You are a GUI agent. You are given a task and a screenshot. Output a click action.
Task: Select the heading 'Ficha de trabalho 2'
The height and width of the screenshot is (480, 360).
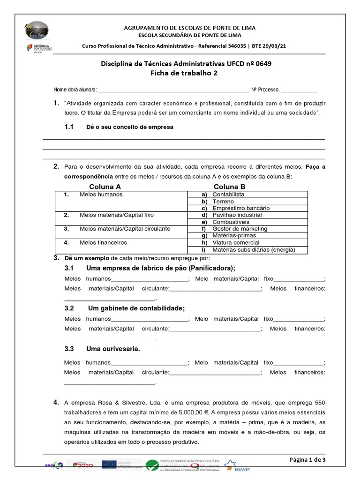(184, 73)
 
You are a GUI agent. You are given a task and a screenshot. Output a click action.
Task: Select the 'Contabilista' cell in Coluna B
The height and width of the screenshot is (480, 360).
(228, 194)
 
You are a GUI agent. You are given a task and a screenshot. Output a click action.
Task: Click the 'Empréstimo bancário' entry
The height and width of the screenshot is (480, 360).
(241, 208)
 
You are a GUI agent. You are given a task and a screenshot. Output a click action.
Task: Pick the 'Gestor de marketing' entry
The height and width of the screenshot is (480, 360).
(240, 228)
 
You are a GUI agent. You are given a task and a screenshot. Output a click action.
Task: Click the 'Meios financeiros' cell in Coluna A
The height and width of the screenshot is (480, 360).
(103, 242)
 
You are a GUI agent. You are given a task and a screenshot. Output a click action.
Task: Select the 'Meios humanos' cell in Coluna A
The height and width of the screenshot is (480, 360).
(101, 194)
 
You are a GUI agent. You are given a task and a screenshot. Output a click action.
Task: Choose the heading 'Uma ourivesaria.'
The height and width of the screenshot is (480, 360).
(113, 349)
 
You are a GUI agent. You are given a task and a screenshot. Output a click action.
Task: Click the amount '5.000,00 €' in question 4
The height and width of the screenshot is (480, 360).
(193, 412)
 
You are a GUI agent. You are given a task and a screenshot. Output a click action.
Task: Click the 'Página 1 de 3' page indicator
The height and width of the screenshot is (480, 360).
(307, 459)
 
